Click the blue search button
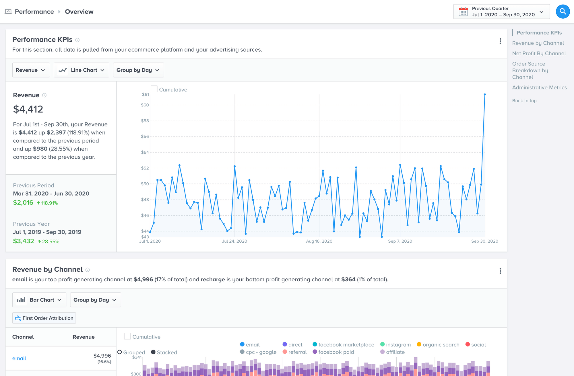point(563,11)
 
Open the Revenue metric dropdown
point(31,70)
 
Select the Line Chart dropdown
point(82,70)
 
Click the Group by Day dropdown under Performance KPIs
point(138,70)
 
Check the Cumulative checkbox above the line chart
point(154,89)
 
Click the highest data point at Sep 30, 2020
point(485,94)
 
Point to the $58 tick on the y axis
point(145,121)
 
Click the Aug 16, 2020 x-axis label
point(319,241)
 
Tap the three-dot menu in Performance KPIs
point(500,41)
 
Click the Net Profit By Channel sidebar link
point(539,53)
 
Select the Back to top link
point(524,101)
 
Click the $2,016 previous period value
point(23,202)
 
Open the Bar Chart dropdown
point(39,300)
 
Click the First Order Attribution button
point(44,318)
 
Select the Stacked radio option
point(154,352)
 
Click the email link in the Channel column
point(19,358)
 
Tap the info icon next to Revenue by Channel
point(88,270)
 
